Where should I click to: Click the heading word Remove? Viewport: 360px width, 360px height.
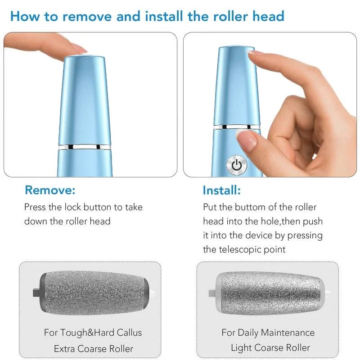pyautogui.click(x=50, y=190)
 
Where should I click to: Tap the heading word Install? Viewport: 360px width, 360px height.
pyautogui.click(x=221, y=190)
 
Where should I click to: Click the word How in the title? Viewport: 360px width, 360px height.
pyautogui.click(x=25, y=17)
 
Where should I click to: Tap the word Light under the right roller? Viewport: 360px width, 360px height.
pyautogui.click(x=243, y=348)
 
